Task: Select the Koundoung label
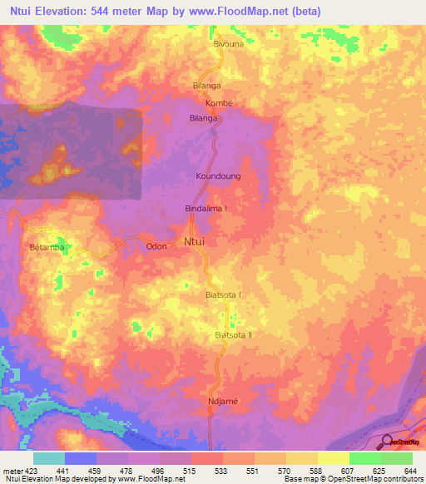pos(217,176)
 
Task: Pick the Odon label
pos(156,246)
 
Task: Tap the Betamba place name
pos(47,246)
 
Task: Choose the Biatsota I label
pos(223,295)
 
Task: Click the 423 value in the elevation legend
pos(25,471)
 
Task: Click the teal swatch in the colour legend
pos(48,458)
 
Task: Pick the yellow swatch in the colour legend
pos(333,458)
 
